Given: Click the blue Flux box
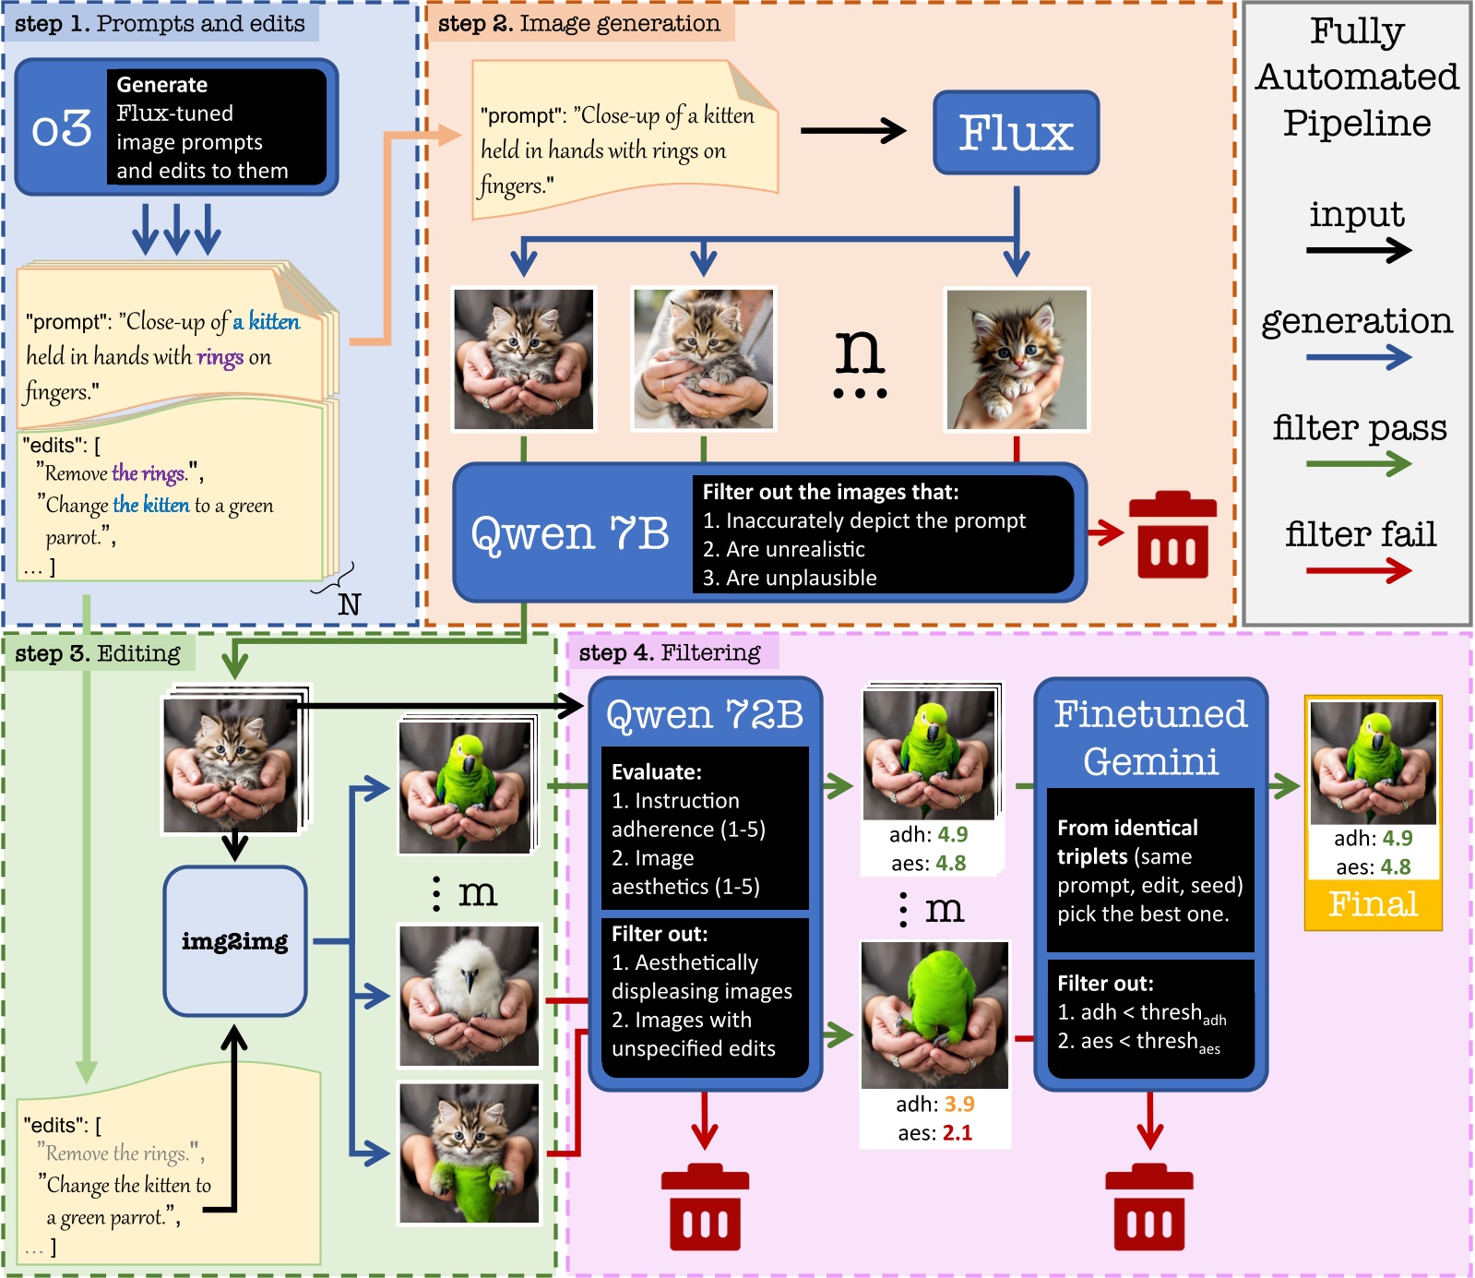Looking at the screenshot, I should coord(1016,133).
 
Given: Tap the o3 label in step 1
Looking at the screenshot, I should coord(61,128).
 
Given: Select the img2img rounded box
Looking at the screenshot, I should coord(234,941).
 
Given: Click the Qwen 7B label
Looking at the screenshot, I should coord(570,533).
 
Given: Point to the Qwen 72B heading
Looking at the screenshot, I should coord(704,714).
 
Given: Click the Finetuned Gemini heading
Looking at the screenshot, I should coord(1150,737).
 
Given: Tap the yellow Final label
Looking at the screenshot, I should coord(1373,904).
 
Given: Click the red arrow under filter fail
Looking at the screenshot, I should coord(1359,571).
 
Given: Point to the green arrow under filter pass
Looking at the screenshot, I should coord(1359,464).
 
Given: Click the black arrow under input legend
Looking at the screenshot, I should coord(1359,250).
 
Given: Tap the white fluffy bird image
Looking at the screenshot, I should coord(469,996).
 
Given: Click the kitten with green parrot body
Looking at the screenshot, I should coord(469,1153).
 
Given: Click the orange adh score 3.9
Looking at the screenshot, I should coord(959,1104).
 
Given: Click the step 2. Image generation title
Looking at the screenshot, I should coord(578,24).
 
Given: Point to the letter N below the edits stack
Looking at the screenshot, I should coord(349,604).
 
